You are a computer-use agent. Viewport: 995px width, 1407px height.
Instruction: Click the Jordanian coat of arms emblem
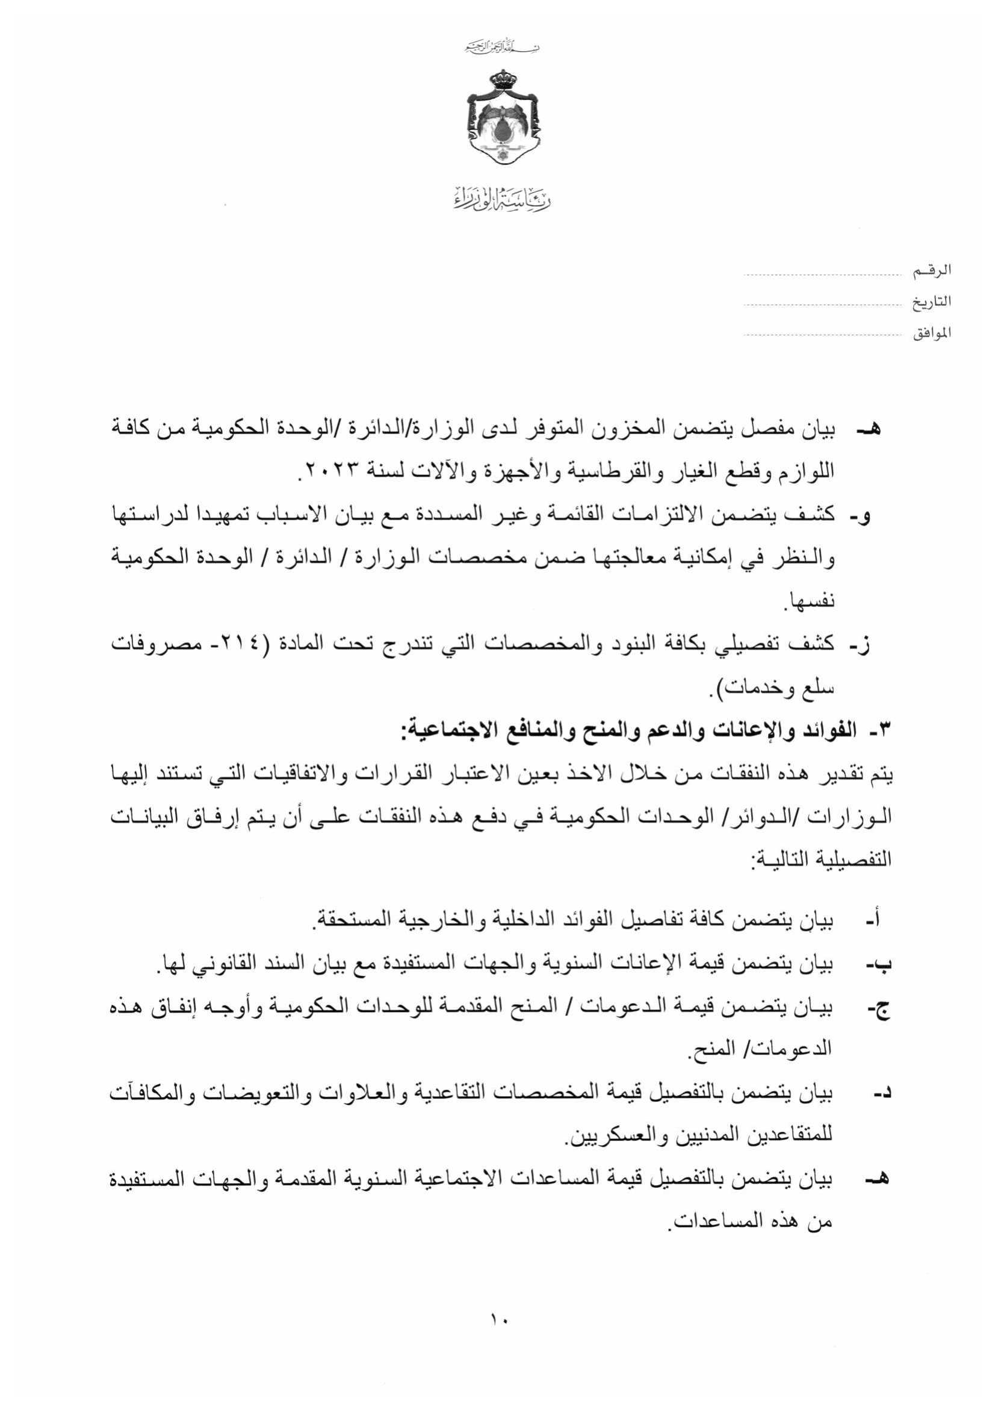(503, 117)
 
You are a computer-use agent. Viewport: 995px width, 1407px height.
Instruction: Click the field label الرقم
(932, 270)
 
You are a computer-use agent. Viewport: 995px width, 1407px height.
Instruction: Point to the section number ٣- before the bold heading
(879, 731)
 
